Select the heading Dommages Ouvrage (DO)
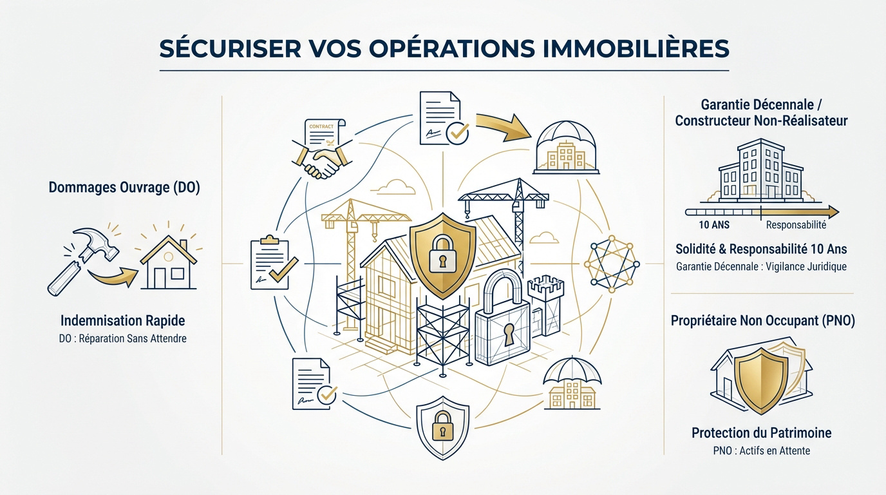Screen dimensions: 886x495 coord(124,188)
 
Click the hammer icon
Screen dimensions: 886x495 coord(83,259)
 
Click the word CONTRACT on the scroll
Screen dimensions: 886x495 coord(321,126)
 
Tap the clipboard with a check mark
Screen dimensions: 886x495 coord(273,263)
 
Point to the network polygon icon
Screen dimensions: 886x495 coord(612,264)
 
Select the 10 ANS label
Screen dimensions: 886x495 coord(714,225)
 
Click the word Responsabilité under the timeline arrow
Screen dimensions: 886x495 coord(796,225)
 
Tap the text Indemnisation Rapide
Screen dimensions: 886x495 coord(122,320)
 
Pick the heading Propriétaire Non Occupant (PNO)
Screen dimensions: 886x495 coord(762,320)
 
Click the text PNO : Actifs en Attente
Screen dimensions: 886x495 coord(761,451)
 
